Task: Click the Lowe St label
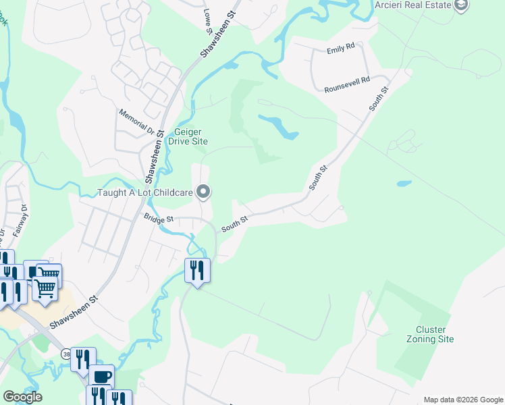[207, 16]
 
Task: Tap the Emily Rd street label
[340, 49]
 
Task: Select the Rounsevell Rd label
[347, 80]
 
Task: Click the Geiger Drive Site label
[191, 136]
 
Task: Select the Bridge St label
[159, 219]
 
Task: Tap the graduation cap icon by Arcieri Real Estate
[462, 6]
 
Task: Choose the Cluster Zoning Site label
[430, 334]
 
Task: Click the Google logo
[22, 396]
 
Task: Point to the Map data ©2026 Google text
[462, 400]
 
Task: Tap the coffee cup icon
[102, 375]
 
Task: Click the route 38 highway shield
[66, 353]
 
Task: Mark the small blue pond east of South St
[404, 183]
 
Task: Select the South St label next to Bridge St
[235, 222]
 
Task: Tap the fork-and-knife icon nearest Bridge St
[197, 270]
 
